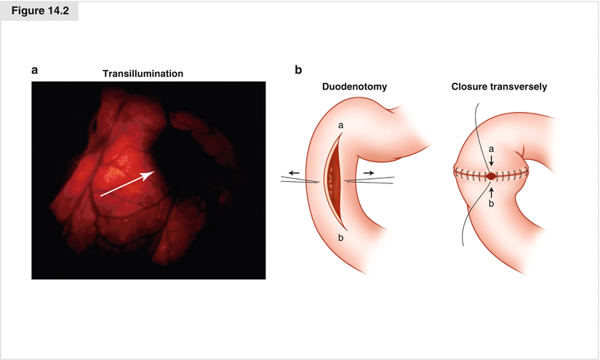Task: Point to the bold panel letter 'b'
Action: [298, 70]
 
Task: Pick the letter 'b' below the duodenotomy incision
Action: [340, 237]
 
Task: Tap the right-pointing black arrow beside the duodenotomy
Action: [371, 172]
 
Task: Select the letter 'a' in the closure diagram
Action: [491, 149]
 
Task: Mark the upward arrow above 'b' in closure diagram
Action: [492, 191]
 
